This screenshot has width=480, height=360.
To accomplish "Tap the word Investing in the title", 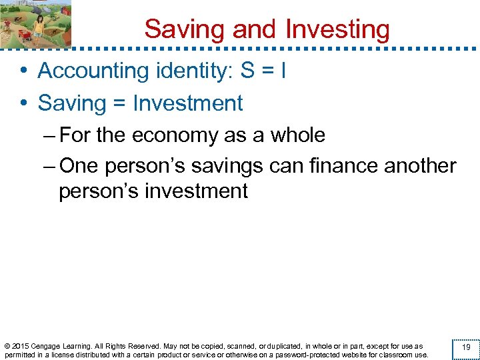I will [x=337, y=29].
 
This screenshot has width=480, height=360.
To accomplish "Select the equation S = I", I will [x=263, y=70].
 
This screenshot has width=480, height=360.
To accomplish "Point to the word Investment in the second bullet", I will [x=188, y=103].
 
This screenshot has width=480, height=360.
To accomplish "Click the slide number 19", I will [x=466, y=347].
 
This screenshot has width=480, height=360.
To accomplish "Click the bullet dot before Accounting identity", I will [x=23, y=71].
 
